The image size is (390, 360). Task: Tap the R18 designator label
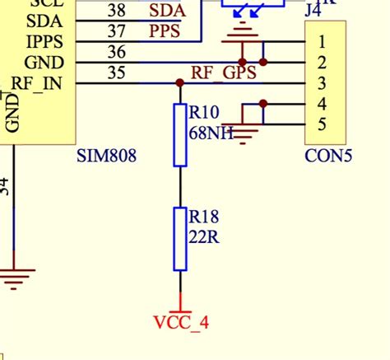point(203,217)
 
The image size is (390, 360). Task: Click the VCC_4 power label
point(181,322)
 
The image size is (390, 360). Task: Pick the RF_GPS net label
point(224,72)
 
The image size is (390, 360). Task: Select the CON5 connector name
point(328,155)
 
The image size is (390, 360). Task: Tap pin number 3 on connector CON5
point(323,83)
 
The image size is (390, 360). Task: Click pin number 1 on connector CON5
point(323,41)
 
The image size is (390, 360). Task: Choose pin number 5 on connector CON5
point(323,125)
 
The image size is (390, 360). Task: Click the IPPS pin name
point(42,41)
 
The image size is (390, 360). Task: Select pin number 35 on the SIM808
point(117,73)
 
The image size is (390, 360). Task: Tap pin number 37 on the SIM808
point(117,31)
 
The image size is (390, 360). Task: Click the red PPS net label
point(165,31)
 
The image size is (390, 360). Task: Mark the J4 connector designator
point(313,11)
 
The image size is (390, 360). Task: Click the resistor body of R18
point(181,239)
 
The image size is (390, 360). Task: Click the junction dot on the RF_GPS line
point(180,83)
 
